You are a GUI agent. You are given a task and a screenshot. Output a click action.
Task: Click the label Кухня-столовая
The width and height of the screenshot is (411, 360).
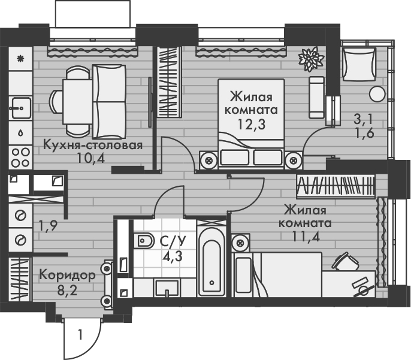pyautogui.click(x=92, y=146)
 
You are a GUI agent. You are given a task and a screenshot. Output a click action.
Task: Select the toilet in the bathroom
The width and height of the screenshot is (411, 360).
pyautogui.click(x=144, y=242)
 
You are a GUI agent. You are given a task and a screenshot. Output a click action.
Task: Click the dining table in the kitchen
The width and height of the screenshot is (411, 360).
pyautogui.click(x=76, y=98)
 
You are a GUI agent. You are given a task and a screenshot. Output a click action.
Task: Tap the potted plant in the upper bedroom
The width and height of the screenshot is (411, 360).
pyautogui.click(x=310, y=59)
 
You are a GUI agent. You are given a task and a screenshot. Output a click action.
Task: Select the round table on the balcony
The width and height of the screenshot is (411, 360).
pyautogui.click(x=376, y=93)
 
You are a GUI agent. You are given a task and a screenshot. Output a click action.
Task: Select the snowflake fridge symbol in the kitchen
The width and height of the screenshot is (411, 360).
pyautogui.click(x=20, y=59)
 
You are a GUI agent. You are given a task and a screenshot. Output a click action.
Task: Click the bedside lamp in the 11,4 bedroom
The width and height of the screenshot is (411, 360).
pyautogui.click(x=241, y=243)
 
